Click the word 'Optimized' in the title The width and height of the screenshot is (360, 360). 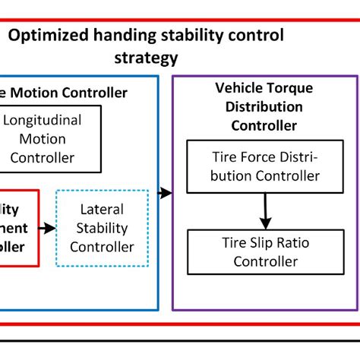47,36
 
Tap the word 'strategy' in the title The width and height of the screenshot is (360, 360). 146,58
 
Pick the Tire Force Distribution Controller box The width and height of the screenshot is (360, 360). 264,167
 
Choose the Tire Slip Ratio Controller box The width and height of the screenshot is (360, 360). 264,252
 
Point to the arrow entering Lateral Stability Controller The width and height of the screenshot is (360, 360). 46,228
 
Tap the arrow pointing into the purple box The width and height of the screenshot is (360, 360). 165,193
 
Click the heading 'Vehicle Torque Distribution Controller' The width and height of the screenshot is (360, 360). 265,107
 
